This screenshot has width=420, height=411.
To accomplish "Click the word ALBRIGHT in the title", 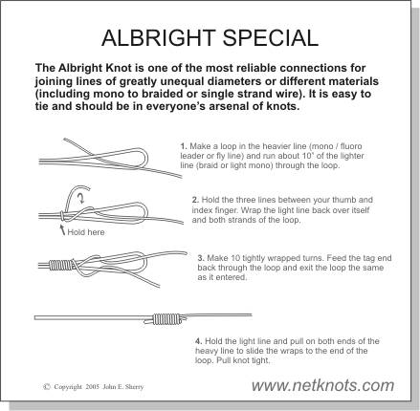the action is tap(158, 38).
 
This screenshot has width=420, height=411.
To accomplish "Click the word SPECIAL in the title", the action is tap(271, 38).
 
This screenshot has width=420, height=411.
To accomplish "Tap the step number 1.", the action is tap(183, 146).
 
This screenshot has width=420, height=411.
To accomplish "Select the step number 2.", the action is tap(195, 200).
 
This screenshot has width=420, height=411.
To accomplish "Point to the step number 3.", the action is tap(201, 258).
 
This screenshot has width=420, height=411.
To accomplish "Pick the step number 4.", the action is tap(199, 341).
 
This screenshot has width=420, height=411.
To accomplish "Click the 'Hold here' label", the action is tap(86, 232).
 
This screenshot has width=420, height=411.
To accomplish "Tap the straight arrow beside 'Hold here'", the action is tap(63, 229).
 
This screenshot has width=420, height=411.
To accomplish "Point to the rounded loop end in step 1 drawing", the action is tap(146, 157).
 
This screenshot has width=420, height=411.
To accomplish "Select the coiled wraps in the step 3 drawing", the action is tap(60, 265).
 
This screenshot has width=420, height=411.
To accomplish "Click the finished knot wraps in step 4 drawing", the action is tap(166, 319).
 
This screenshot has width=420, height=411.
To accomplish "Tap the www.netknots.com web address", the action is tap(322, 386).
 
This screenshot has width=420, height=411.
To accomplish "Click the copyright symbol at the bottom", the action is tap(47, 387).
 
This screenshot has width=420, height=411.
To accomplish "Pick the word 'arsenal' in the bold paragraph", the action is tap(229, 106).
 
